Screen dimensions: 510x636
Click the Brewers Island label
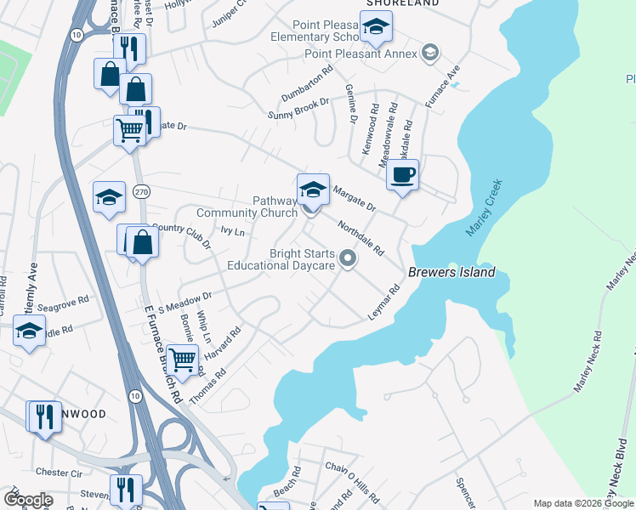coord(451,273)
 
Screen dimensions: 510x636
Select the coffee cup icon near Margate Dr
coord(402,175)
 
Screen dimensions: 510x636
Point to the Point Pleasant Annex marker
coord(430,54)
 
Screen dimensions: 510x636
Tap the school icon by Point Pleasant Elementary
coord(374,30)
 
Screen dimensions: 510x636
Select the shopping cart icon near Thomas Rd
coord(183,360)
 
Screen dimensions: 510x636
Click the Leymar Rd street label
coord(384,303)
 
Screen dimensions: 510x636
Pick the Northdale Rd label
coord(361,240)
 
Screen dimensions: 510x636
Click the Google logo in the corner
coord(27,499)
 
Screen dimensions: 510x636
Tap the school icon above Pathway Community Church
coord(313,190)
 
